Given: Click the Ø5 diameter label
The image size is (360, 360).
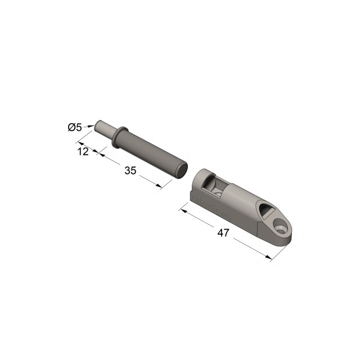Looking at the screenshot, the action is point(75,127).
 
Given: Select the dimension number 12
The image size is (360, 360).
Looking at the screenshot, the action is point(83,151).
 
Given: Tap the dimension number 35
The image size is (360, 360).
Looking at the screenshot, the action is point(130,170).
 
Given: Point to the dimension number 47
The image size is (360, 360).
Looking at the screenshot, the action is point(223,233).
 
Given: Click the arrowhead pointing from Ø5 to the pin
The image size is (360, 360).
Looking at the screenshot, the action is point(91,125).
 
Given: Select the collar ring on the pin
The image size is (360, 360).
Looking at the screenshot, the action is point(119,137).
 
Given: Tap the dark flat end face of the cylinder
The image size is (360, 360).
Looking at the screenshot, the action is point(182,170).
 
